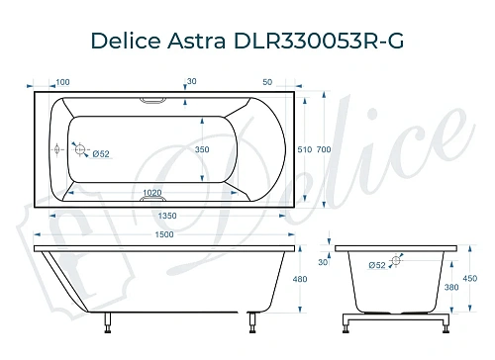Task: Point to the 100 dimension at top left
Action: coord(63,81)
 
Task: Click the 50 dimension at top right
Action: coord(268,81)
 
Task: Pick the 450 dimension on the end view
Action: coord(468,279)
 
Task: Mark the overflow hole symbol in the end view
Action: coord(396,262)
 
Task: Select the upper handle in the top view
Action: coord(155,99)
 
